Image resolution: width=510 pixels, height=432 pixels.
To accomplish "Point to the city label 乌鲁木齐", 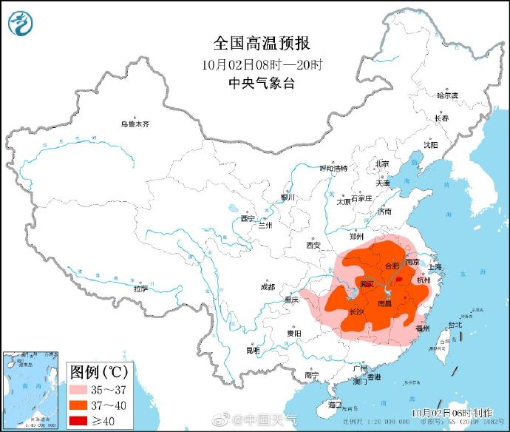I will pyautogui.click(x=136, y=124).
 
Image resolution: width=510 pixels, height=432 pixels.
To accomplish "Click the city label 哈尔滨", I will pyautogui.click(x=447, y=95).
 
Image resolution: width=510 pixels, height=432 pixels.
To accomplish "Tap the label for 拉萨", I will pyautogui.click(x=140, y=288).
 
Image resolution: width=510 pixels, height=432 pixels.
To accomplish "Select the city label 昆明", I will pyautogui.click(x=253, y=350).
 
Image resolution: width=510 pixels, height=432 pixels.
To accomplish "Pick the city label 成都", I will pyautogui.click(x=267, y=286).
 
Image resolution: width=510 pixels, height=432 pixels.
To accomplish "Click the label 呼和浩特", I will pyautogui.click(x=333, y=168).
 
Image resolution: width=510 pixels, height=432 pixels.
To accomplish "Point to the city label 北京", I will pyautogui.click(x=382, y=163).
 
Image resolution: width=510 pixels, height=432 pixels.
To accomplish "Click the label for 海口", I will pyautogui.click(x=335, y=405).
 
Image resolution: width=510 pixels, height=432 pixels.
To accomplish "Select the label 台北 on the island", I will pyautogui.click(x=454, y=324).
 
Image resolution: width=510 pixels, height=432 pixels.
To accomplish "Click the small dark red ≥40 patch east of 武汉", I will pyautogui.click(x=399, y=280).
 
